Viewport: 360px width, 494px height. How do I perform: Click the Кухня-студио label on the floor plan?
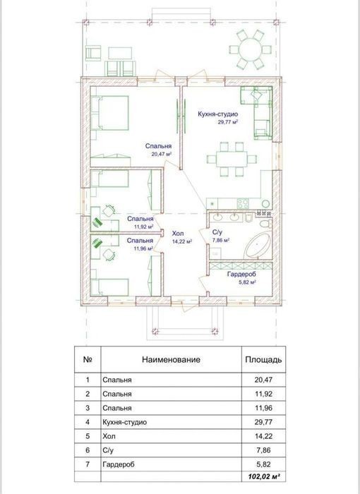coord(218,114)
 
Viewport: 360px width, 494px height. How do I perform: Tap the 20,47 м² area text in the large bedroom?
coord(162,154)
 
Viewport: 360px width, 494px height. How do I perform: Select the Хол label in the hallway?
coord(178,234)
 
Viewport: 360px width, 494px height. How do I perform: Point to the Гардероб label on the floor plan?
coord(242,274)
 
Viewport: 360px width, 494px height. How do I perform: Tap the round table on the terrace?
coord(251,49)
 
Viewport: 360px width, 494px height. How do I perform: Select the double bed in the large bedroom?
coord(109,113)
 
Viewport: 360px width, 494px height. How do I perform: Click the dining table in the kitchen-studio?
coord(232,159)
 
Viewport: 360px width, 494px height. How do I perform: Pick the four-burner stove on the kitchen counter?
coord(243,203)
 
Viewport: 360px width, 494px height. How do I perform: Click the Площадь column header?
coord(263,359)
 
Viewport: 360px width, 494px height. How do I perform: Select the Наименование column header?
coord(171,359)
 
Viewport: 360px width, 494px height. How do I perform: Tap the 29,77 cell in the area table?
coord(263,422)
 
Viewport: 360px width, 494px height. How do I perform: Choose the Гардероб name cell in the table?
coord(119,464)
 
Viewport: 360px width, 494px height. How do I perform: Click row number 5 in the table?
coord(88,436)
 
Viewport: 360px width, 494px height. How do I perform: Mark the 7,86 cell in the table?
coord(264,450)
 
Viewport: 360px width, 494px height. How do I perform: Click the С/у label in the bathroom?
coord(217,232)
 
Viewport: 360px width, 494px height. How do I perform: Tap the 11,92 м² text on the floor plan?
coord(144,227)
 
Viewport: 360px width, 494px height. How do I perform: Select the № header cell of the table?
coord(88,359)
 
